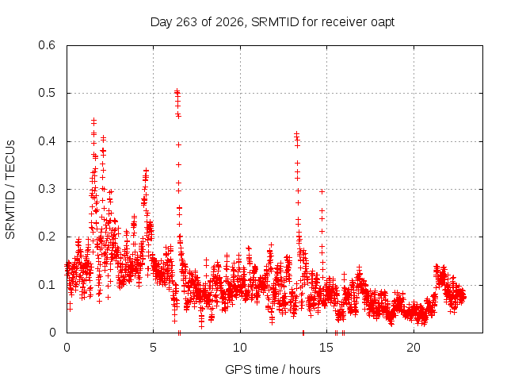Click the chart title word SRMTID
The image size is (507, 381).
coord(275,22)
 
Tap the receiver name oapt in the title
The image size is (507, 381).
coord(383,23)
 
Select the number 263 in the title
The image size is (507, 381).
coord(186,22)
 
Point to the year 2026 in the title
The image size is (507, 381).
coord(230,22)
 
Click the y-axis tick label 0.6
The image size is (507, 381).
coord(47,45)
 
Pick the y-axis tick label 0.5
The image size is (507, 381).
coord(47,93)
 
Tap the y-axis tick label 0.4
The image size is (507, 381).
coord(47,141)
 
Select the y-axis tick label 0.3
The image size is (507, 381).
coord(47,189)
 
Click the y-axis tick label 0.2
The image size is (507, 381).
coord(47,237)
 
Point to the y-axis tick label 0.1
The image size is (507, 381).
coord(47,285)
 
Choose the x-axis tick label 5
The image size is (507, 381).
coord(153,348)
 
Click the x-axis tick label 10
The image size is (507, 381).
coord(240,348)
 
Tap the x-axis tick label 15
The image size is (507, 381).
coord(326,348)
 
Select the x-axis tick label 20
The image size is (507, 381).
coord(414,348)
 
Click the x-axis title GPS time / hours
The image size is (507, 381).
coord(273,370)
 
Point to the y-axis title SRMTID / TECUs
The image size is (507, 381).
coord(10,190)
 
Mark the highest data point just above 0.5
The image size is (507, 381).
coord(177,91)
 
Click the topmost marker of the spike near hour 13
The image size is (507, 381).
coord(296,133)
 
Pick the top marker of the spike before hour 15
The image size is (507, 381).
coord(322,192)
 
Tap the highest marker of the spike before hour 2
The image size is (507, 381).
coord(93,120)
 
